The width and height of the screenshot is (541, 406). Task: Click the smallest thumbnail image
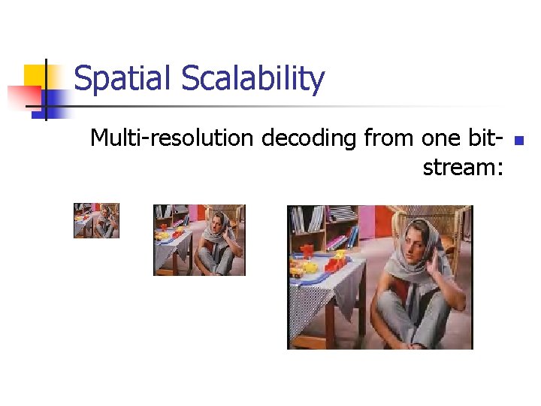point(96,220)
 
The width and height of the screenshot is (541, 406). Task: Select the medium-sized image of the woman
point(199,240)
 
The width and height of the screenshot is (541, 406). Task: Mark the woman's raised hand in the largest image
point(434,263)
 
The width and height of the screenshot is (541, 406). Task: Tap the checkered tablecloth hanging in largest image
point(308,308)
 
